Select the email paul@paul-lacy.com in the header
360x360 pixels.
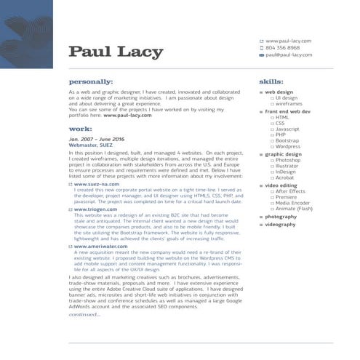pyautogui.click(x=289, y=55)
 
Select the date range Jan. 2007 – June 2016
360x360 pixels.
pyautogui.click(x=97, y=139)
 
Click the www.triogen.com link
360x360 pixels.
pyautogui.click(x=95, y=209)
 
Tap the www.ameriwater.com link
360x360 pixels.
pyautogui.click(x=100, y=246)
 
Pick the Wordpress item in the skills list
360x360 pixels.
pyautogui.click(x=288, y=146)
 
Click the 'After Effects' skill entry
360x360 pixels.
pyautogui.click(x=292, y=191)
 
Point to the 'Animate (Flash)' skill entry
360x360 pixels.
pyautogui.click(x=295, y=208)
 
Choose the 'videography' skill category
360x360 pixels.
pyautogui.click(x=281, y=225)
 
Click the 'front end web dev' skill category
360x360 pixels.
pyautogui.click(x=287, y=111)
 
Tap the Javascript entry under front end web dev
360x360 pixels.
pyautogui.click(x=288, y=129)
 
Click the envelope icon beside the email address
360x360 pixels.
pyautogui.click(x=262, y=55)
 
